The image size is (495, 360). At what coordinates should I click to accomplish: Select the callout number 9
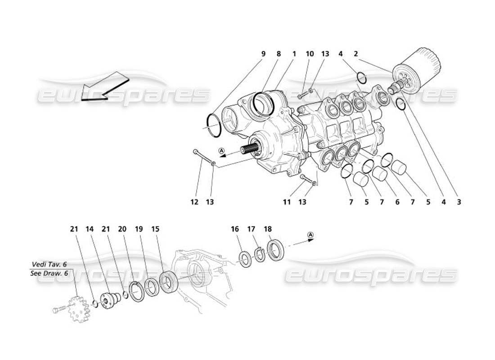(263, 54)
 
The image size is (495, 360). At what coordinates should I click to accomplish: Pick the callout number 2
(355, 54)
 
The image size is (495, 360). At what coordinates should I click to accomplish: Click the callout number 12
(194, 202)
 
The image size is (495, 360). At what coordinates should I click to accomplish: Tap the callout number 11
(287, 202)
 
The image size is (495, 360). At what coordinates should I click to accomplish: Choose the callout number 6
(397, 202)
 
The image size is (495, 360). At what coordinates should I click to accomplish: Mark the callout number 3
(459, 202)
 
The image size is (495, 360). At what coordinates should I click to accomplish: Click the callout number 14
(90, 229)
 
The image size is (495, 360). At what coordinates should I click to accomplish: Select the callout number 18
(268, 229)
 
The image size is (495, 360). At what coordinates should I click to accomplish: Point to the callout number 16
(235, 229)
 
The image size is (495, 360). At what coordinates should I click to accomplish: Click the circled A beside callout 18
(310, 235)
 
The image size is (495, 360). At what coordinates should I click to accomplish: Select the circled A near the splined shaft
(222, 150)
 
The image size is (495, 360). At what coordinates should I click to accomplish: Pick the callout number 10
(310, 54)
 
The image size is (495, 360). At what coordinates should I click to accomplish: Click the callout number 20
(122, 229)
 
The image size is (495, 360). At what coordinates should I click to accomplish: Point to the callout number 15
(155, 229)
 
